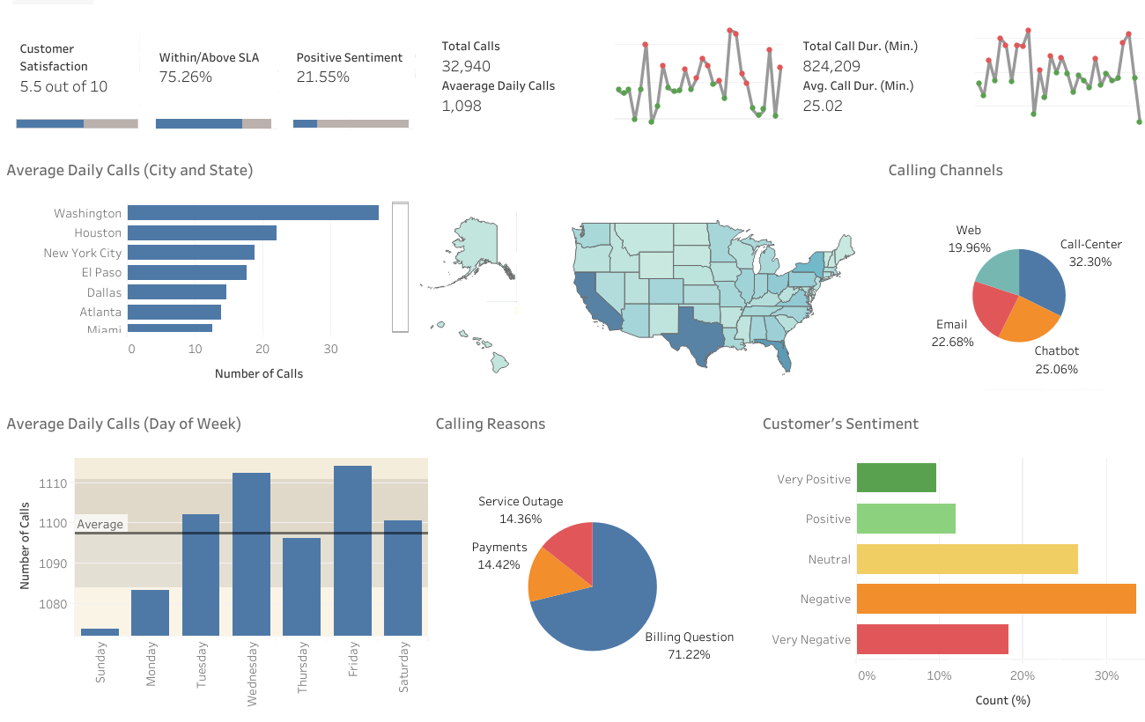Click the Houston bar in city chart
point(202,232)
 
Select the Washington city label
point(87,213)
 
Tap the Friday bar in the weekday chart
point(352,550)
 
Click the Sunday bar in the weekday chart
point(100,631)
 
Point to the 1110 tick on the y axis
point(53,483)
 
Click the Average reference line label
point(100,524)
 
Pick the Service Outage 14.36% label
point(520,510)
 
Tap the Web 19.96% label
point(969,239)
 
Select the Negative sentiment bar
point(995,599)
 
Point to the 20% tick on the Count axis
point(1022,675)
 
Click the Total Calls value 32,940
point(466,66)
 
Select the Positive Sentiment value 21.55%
point(322,77)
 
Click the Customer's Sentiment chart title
point(840,424)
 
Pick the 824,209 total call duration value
point(831,66)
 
